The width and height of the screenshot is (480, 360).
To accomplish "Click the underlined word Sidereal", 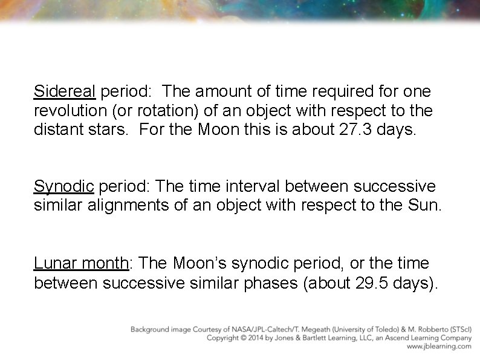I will (65, 92).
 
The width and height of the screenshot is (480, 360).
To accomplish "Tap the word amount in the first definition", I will (221, 92).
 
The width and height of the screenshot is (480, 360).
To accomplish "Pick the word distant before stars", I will (58, 130).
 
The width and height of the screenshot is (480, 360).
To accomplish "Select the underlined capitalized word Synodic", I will (64, 186).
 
